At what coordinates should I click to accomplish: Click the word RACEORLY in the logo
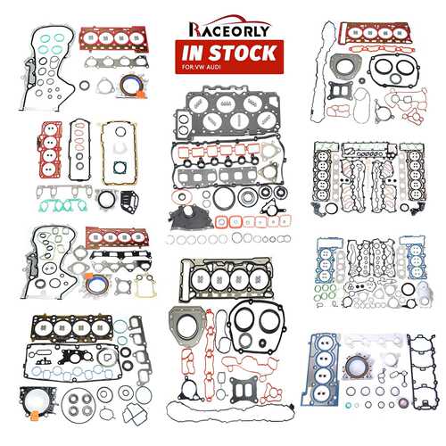pos(229,29)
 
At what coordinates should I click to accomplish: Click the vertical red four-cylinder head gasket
pos(50,150)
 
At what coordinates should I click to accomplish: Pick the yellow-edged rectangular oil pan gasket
pos(120,153)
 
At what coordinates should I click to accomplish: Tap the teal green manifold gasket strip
pos(63,205)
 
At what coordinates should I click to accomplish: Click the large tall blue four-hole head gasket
pos(321,368)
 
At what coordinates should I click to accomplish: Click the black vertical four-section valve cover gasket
pos(422,372)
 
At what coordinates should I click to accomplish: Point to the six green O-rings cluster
pos(325,292)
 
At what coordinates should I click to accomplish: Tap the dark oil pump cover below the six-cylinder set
pos(190,219)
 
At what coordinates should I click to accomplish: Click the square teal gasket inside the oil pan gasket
pos(120,168)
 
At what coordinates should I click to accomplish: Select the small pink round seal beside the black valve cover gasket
pos(404,403)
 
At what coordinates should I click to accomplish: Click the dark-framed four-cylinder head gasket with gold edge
pos(72,327)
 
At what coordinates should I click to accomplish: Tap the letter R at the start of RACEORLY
pos(194,30)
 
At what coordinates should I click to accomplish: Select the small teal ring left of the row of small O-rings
pos(348,405)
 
